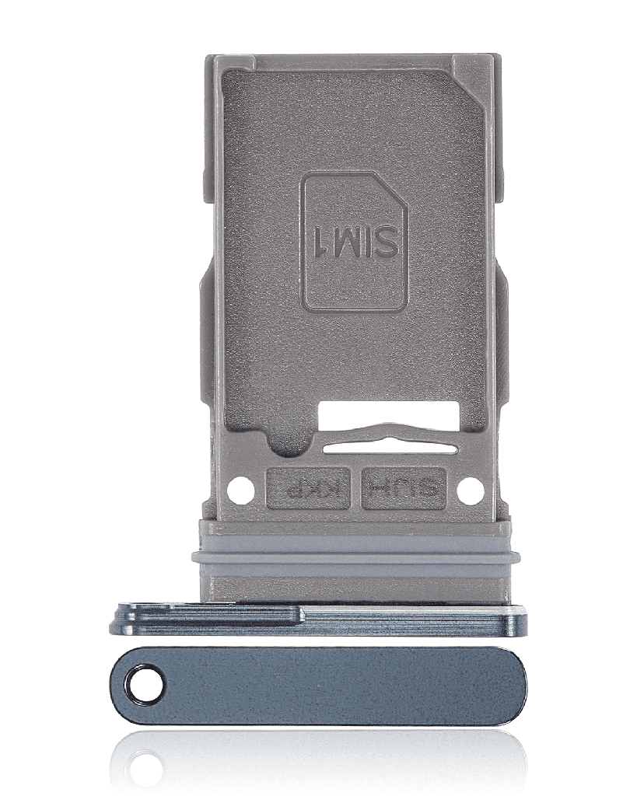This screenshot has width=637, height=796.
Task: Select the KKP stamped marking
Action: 309,489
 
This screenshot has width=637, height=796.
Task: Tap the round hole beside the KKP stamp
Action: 240,490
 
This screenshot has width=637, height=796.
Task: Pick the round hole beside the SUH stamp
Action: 469,490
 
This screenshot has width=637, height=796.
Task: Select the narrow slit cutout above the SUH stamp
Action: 389,448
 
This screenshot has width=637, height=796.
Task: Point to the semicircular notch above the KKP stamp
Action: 278,444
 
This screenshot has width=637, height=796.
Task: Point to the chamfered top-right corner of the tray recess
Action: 475,81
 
